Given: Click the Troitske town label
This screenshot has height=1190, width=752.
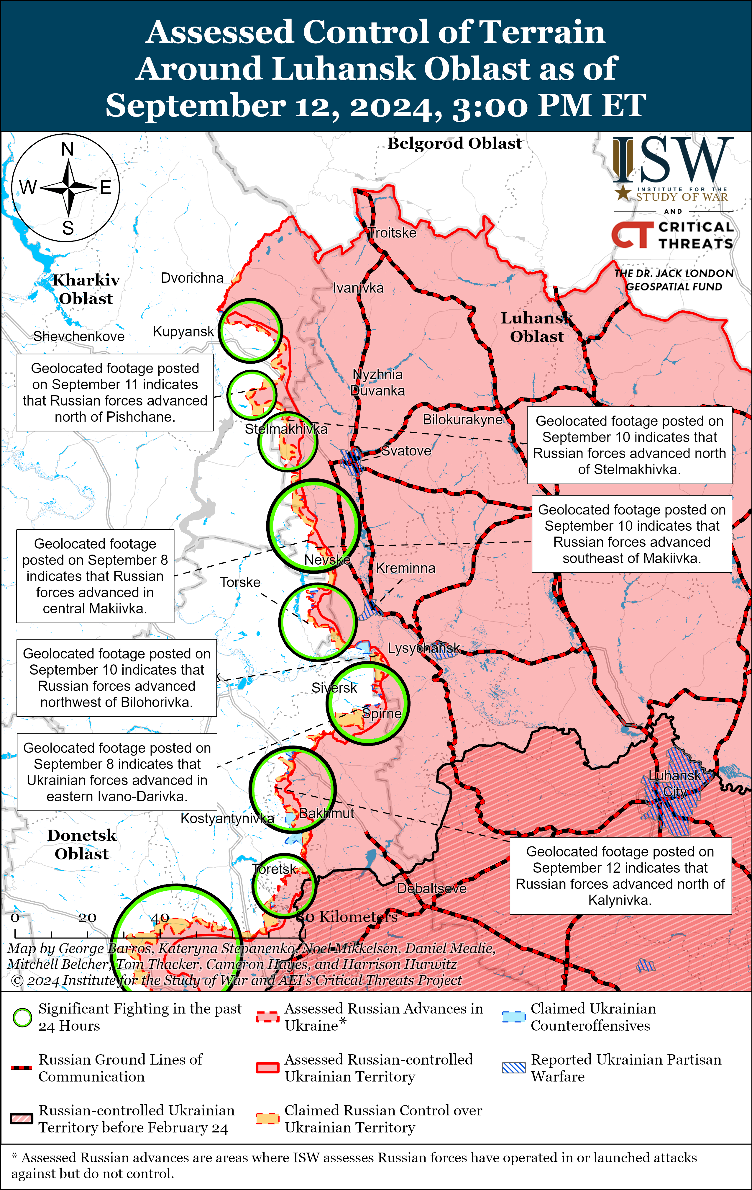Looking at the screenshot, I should (x=393, y=233).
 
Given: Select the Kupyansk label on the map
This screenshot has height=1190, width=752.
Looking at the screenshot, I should (x=183, y=332).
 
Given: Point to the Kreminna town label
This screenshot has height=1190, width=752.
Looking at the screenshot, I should (x=405, y=568).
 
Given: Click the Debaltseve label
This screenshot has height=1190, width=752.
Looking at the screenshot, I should (x=431, y=889).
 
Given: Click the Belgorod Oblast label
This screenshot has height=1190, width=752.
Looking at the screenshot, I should (x=454, y=143).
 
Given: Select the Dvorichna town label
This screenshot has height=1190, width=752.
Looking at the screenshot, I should (x=192, y=278).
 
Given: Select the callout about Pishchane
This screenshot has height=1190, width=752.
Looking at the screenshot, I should (x=114, y=392).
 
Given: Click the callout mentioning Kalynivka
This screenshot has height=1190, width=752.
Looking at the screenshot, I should (x=620, y=876).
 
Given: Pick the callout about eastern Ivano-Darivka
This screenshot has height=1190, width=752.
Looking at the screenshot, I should (x=117, y=772).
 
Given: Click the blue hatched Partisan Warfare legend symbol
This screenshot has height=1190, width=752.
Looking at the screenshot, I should (x=513, y=1068).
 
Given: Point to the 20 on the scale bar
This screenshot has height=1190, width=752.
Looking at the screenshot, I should (x=87, y=918).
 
